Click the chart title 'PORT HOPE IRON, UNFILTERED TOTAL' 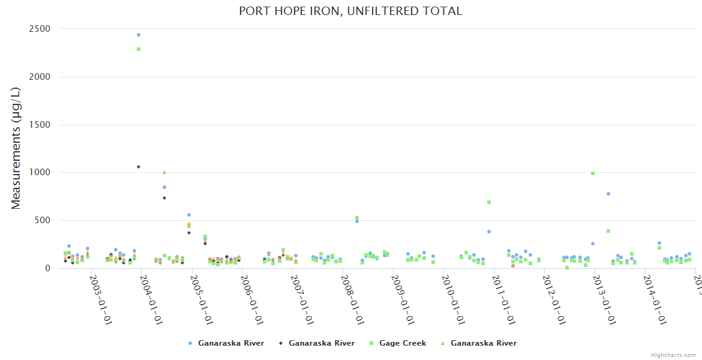click(350, 11)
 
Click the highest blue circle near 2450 click(139, 35)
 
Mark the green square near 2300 click(139, 49)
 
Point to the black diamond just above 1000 click(139, 167)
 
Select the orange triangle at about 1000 click(164, 173)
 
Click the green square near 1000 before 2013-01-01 click(593, 173)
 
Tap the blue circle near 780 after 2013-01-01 click(608, 194)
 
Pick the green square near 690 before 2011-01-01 click(489, 202)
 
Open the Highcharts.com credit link click(674, 355)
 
